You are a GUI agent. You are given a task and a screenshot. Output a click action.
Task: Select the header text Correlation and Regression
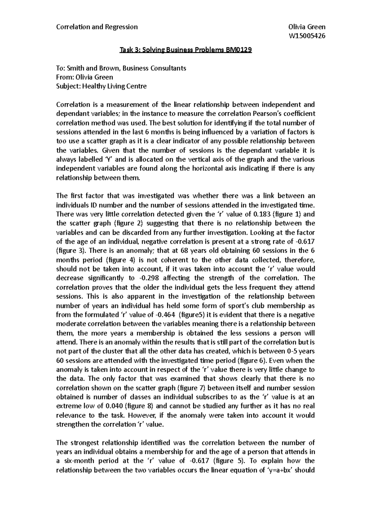point(97,27)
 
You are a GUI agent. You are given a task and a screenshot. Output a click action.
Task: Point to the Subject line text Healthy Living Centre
point(114,86)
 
